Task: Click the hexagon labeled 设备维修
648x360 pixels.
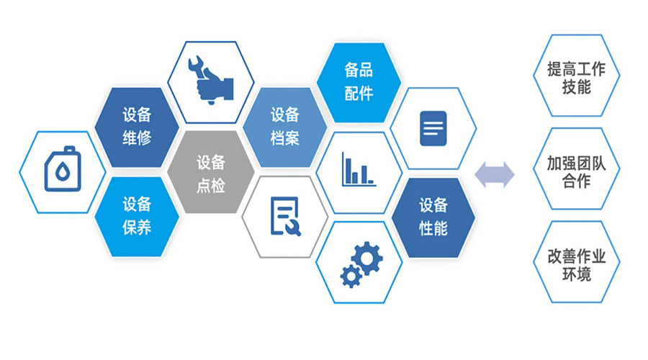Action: [x=137, y=127]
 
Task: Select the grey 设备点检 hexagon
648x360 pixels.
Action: [x=211, y=172]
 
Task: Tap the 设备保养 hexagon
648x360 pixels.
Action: [x=137, y=217]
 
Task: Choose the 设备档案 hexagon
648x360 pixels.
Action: [x=284, y=127]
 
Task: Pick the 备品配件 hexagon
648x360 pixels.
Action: [x=359, y=82]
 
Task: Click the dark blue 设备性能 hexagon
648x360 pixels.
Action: [x=433, y=217]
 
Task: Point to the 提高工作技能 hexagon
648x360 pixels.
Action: [x=577, y=76]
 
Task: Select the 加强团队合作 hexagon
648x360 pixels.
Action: [x=577, y=168]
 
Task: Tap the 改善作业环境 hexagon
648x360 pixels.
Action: [x=577, y=262]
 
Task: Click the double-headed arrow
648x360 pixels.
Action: [x=494, y=174]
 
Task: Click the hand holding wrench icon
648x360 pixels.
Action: [x=211, y=80]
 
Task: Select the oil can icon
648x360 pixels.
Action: [x=63, y=169]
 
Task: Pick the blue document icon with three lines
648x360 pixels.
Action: [x=433, y=128]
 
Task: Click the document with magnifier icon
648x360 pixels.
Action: [x=285, y=216]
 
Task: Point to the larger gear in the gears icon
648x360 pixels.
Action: [x=367, y=258]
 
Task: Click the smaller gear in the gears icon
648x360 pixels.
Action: [x=351, y=276]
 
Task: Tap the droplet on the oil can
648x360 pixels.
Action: [x=63, y=171]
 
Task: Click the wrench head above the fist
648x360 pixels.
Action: [x=196, y=65]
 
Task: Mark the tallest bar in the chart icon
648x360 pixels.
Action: [x=348, y=171]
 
